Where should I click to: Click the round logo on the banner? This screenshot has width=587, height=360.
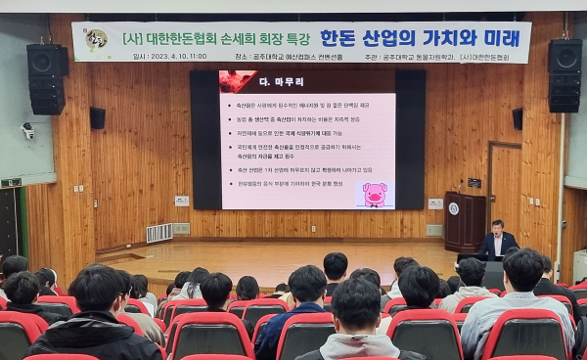tap(95, 40)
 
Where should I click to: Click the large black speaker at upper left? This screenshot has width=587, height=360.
tap(47, 78)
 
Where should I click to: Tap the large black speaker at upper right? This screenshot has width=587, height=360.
tap(564, 75)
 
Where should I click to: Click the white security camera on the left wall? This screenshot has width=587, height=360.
tap(27, 129)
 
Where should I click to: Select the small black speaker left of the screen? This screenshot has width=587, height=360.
tap(97, 118)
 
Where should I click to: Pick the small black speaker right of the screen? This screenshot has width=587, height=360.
tap(517, 118)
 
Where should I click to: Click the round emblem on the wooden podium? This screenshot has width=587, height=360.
tap(453, 207)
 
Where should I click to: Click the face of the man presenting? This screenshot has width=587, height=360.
tap(498, 227)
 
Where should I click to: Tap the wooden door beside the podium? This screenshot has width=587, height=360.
tap(505, 188)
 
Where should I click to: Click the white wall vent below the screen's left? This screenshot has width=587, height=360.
tap(158, 232)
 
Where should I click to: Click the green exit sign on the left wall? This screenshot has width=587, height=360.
tap(11, 182)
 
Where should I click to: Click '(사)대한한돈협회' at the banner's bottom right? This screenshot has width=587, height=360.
tap(488, 57)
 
